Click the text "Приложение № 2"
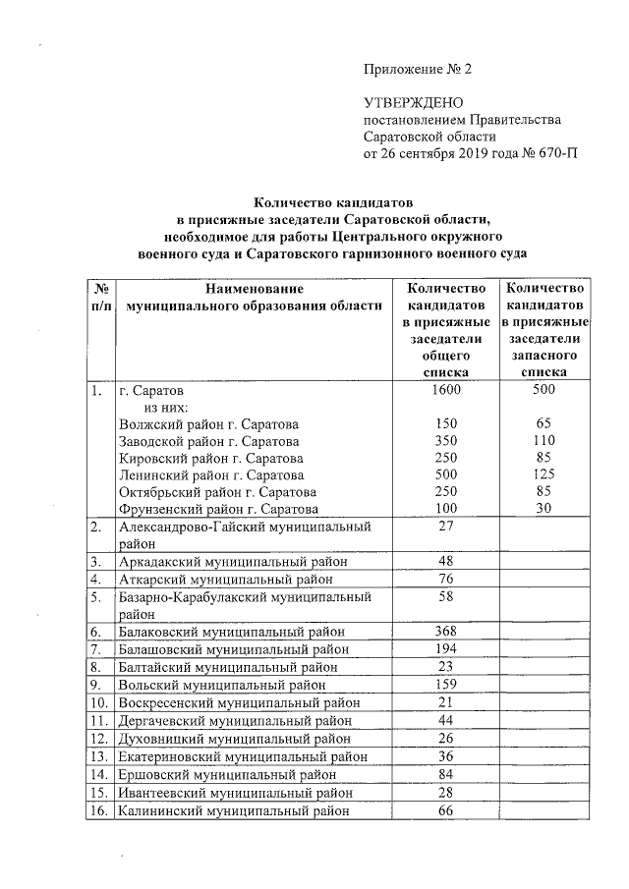click(x=418, y=70)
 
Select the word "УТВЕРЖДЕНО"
click(x=408, y=103)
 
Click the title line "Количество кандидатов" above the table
click(x=332, y=202)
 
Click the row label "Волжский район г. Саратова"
click(x=209, y=423)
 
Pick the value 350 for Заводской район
click(x=445, y=441)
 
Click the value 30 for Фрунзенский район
click(x=543, y=508)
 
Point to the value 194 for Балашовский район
click(x=445, y=650)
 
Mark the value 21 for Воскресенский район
click(x=445, y=703)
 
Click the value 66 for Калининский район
click(x=445, y=809)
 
